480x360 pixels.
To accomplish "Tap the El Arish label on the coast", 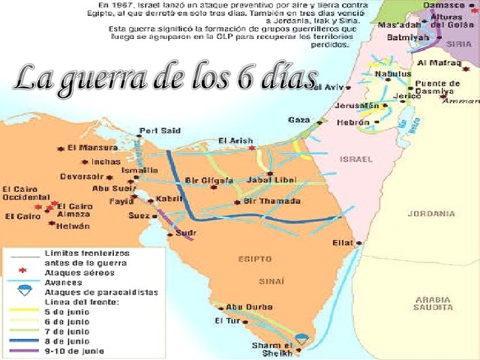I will click(x=235, y=140).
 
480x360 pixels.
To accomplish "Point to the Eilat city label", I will click(x=343, y=243).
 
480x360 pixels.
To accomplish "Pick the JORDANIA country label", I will click(x=430, y=213).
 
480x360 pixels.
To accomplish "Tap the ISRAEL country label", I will click(x=355, y=159).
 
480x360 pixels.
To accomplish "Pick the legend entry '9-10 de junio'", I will click(x=74, y=350).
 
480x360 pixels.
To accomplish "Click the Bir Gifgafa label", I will click(x=208, y=181).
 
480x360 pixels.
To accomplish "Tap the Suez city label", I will click(x=139, y=215).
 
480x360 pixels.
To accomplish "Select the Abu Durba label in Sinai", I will click(x=244, y=306).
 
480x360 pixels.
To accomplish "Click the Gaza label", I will click(x=298, y=119).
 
